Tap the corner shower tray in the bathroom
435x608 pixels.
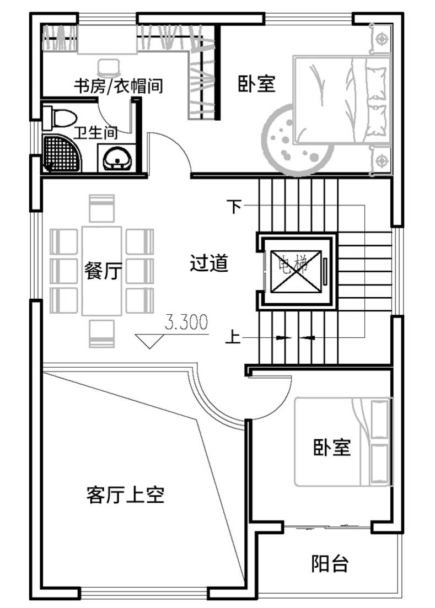point(62,153)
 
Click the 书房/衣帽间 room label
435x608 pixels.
point(118,85)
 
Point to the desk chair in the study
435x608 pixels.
point(109,67)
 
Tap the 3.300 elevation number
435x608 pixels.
point(186,322)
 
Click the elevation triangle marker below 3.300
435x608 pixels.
point(149,341)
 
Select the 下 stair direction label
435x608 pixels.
point(234,206)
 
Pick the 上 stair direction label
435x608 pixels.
point(233,337)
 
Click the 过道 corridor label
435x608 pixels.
point(209,263)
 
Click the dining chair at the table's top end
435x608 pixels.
point(101,208)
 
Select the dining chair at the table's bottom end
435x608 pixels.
point(101,333)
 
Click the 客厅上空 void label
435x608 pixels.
point(126,494)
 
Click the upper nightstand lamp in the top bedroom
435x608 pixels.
point(382,39)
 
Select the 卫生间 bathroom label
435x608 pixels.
point(95,133)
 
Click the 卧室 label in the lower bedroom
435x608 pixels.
point(332,447)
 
